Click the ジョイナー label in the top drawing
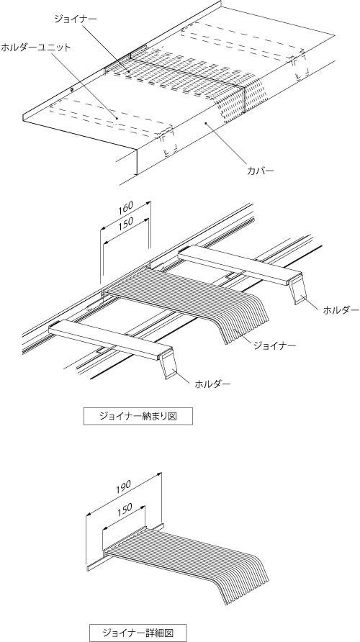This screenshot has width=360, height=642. pyautogui.click(x=76, y=19)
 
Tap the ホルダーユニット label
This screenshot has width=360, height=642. pyautogui.click(x=35, y=47)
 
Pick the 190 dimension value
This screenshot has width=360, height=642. pyautogui.click(x=123, y=486)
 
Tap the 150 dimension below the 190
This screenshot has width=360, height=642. pyautogui.click(x=124, y=509)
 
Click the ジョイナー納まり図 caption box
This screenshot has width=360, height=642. pyautogui.click(x=138, y=417)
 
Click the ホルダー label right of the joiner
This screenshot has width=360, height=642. pyautogui.click(x=341, y=310)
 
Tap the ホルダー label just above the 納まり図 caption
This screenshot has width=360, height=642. pyautogui.click(x=212, y=384)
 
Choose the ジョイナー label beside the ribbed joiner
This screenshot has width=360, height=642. pyautogui.click(x=274, y=346)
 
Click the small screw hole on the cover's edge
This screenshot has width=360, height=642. pyautogui.click(x=72, y=89)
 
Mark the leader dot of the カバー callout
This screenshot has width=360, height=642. pyautogui.click(x=206, y=122)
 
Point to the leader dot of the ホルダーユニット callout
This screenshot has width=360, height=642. pyautogui.click(x=117, y=119)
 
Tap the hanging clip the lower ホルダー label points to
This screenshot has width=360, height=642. pyautogui.click(x=168, y=363)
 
